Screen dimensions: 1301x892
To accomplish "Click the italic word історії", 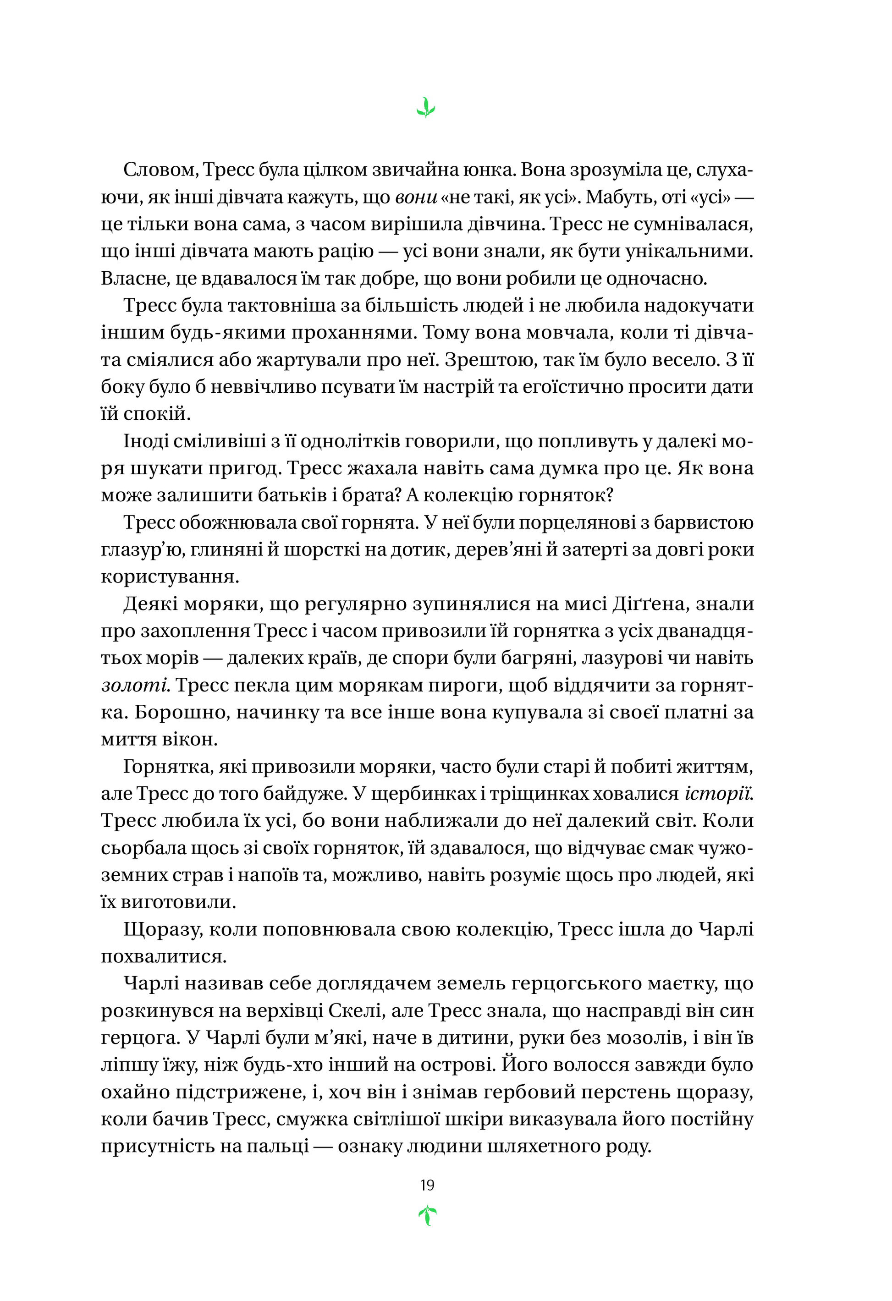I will coord(718,794).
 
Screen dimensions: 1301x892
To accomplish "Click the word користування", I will coord(170,577).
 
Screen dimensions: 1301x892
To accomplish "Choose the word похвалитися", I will coord(164,956).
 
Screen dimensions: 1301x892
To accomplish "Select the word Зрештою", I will coord(485,360).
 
